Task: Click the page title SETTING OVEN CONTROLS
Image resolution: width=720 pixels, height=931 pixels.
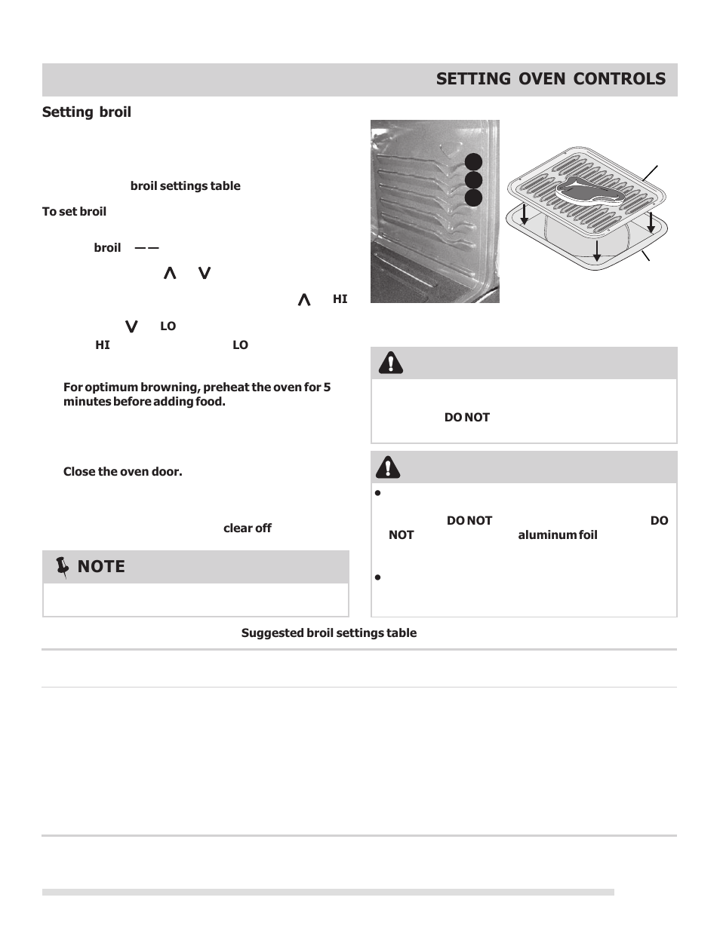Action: (550, 79)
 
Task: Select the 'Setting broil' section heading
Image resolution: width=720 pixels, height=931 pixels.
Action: (87, 112)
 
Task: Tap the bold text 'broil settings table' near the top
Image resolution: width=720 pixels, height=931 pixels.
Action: (185, 186)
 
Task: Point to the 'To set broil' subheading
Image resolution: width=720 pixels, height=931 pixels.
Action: (74, 212)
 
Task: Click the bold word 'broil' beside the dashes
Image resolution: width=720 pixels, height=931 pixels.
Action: (107, 248)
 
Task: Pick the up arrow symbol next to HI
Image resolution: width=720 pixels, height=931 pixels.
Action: (304, 300)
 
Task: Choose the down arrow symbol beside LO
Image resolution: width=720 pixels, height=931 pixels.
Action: (131, 326)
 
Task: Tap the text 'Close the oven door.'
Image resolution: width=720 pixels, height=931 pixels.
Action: (122, 472)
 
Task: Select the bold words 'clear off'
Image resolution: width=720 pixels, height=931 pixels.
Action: (247, 528)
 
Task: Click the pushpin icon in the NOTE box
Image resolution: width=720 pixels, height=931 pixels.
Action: (62, 567)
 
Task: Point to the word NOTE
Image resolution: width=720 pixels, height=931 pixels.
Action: (101, 567)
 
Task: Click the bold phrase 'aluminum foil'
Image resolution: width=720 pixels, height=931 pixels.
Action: (557, 535)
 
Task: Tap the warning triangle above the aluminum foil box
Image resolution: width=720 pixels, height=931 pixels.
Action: (388, 467)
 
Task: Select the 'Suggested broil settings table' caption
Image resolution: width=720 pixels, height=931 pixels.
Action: (328, 633)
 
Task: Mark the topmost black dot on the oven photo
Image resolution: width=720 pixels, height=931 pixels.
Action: (473, 162)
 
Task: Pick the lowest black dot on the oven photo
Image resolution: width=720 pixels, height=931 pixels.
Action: (473, 198)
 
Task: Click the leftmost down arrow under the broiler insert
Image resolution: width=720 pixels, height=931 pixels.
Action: (525, 215)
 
